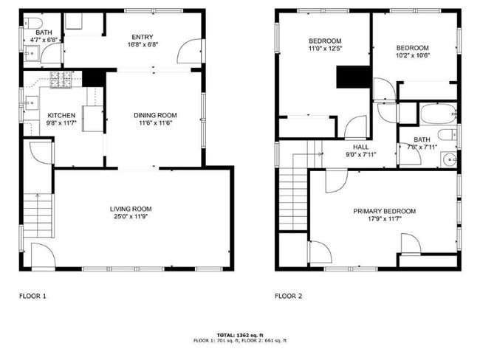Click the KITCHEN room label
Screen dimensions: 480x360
(x=61, y=115)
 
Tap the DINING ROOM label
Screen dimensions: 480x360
(x=155, y=115)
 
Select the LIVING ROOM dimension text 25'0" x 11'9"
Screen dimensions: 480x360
(x=131, y=217)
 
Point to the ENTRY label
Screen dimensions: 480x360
(x=143, y=37)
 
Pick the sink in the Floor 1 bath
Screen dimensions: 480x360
(x=32, y=54)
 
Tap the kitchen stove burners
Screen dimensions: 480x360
(x=61, y=80)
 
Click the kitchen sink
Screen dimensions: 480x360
(x=32, y=103)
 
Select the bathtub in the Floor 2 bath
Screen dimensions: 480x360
(x=439, y=114)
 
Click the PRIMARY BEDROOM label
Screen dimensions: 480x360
(x=385, y=211)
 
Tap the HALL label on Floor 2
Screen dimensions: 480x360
(x=361, y=147)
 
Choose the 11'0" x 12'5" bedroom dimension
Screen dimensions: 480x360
(x=325, y=49)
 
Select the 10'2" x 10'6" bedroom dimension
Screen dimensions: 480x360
(x=412, y=55)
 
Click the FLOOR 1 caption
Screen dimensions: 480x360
(x=32, y=296)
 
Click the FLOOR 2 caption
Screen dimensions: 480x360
(x=288, y=296)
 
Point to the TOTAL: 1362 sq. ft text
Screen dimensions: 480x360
(x=240, y=335)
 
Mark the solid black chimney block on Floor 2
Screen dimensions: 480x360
(x=354, y=77)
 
